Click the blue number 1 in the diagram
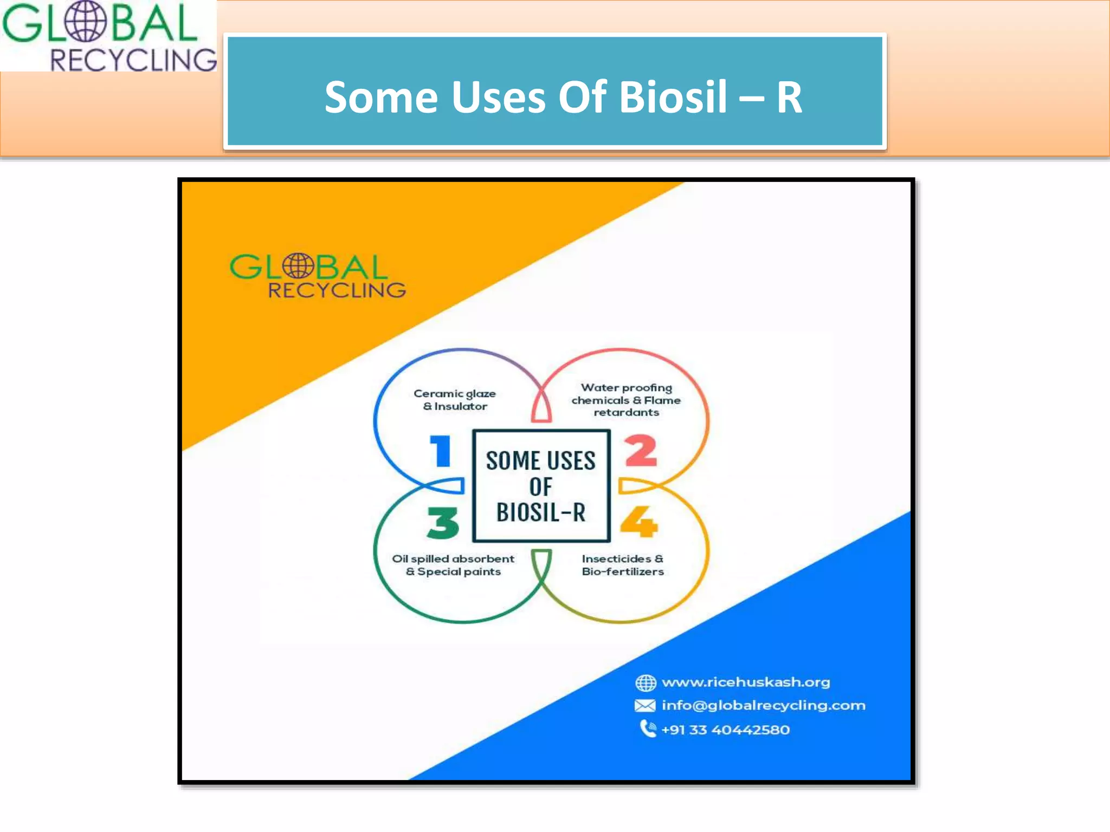pos(441,451)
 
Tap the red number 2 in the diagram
pos(641,451)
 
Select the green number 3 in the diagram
pos(443,523)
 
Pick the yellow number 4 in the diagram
pos(639,522)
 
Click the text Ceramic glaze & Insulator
pos(455,400)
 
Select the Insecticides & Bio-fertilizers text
pos(623,565)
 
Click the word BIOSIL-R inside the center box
pos(541,512)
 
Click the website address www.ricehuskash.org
pos(746,682)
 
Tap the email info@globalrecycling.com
pos(763,706)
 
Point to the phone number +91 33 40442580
pos(725,730)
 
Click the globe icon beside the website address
pos(646,683)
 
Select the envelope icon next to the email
pos(645,706)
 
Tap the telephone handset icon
pos(648,729)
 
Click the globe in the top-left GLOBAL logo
pos(85,22)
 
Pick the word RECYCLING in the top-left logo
pos(133,60)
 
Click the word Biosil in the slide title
pos(672,97)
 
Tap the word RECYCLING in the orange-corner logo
pos(337,290)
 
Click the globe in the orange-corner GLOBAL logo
pos(298,266)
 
